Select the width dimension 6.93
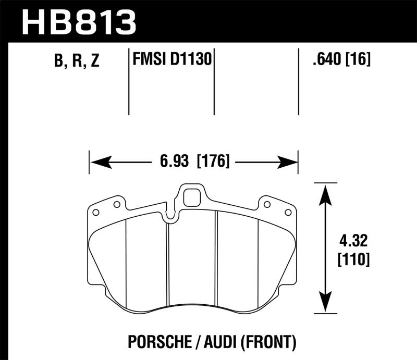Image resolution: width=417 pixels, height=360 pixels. click(x=174, y=162)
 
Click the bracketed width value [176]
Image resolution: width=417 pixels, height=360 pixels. click(x=213, y=162)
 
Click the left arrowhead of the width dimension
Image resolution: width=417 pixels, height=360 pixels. click(x=97, y=162)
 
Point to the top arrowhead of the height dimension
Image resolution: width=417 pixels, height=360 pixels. click(x=325, y=191)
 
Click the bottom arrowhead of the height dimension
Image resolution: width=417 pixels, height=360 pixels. click(x=325, y=307)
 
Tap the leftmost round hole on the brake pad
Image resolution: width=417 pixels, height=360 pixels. click(x=95, y=212)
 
